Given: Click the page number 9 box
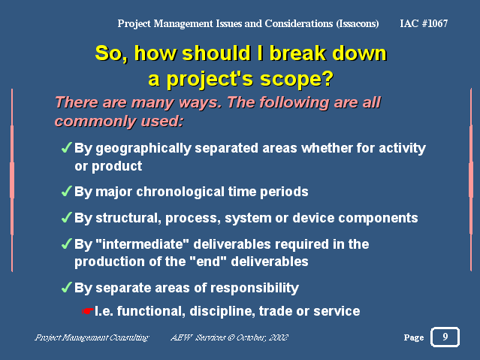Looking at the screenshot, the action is [x=445, y=337].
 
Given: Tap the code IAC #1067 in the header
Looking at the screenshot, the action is [x=424, y=23].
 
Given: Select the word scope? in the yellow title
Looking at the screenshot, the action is [x=297, y=79].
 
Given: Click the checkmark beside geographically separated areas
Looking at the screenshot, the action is [x=67, y=147].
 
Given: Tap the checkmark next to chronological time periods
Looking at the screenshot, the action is [x=67, y=191].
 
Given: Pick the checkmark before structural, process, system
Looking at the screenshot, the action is [x=67, y=217].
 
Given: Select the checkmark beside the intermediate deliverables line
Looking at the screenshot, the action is [x=67, y=244].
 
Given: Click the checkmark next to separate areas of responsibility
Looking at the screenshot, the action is [x=67, y=287].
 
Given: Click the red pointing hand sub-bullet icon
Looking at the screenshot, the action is [x=87, y=311].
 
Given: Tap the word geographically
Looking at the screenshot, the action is [x=143, y=149].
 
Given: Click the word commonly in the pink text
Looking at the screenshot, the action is [x=95, y=122].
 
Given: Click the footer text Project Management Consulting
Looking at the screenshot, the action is [x=92, y=337].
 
